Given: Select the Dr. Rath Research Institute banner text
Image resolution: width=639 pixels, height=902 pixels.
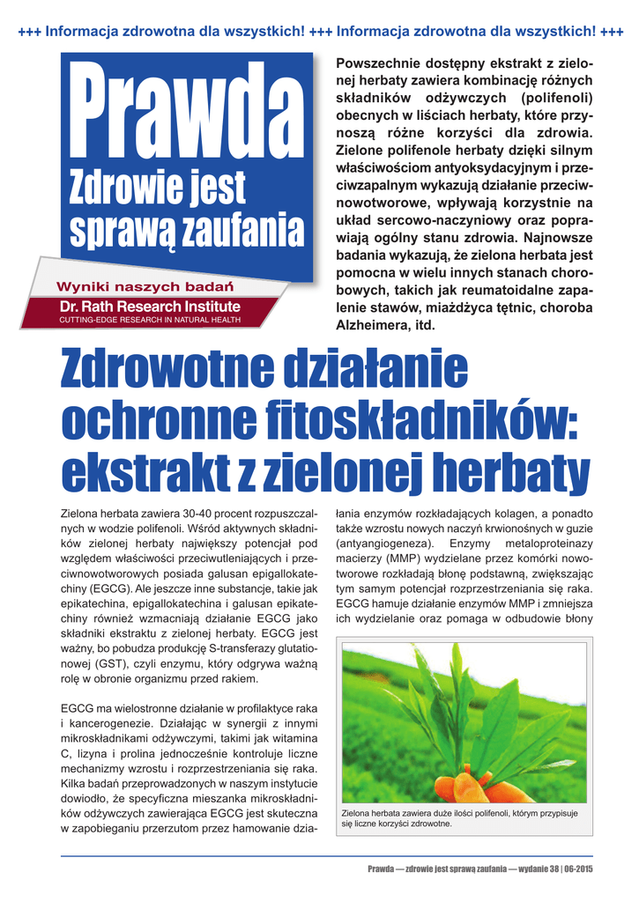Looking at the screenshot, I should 149,306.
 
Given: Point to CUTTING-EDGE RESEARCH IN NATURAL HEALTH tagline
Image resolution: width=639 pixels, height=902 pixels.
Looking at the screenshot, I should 149,320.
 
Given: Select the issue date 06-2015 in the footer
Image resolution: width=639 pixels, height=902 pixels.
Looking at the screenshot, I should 578,869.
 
